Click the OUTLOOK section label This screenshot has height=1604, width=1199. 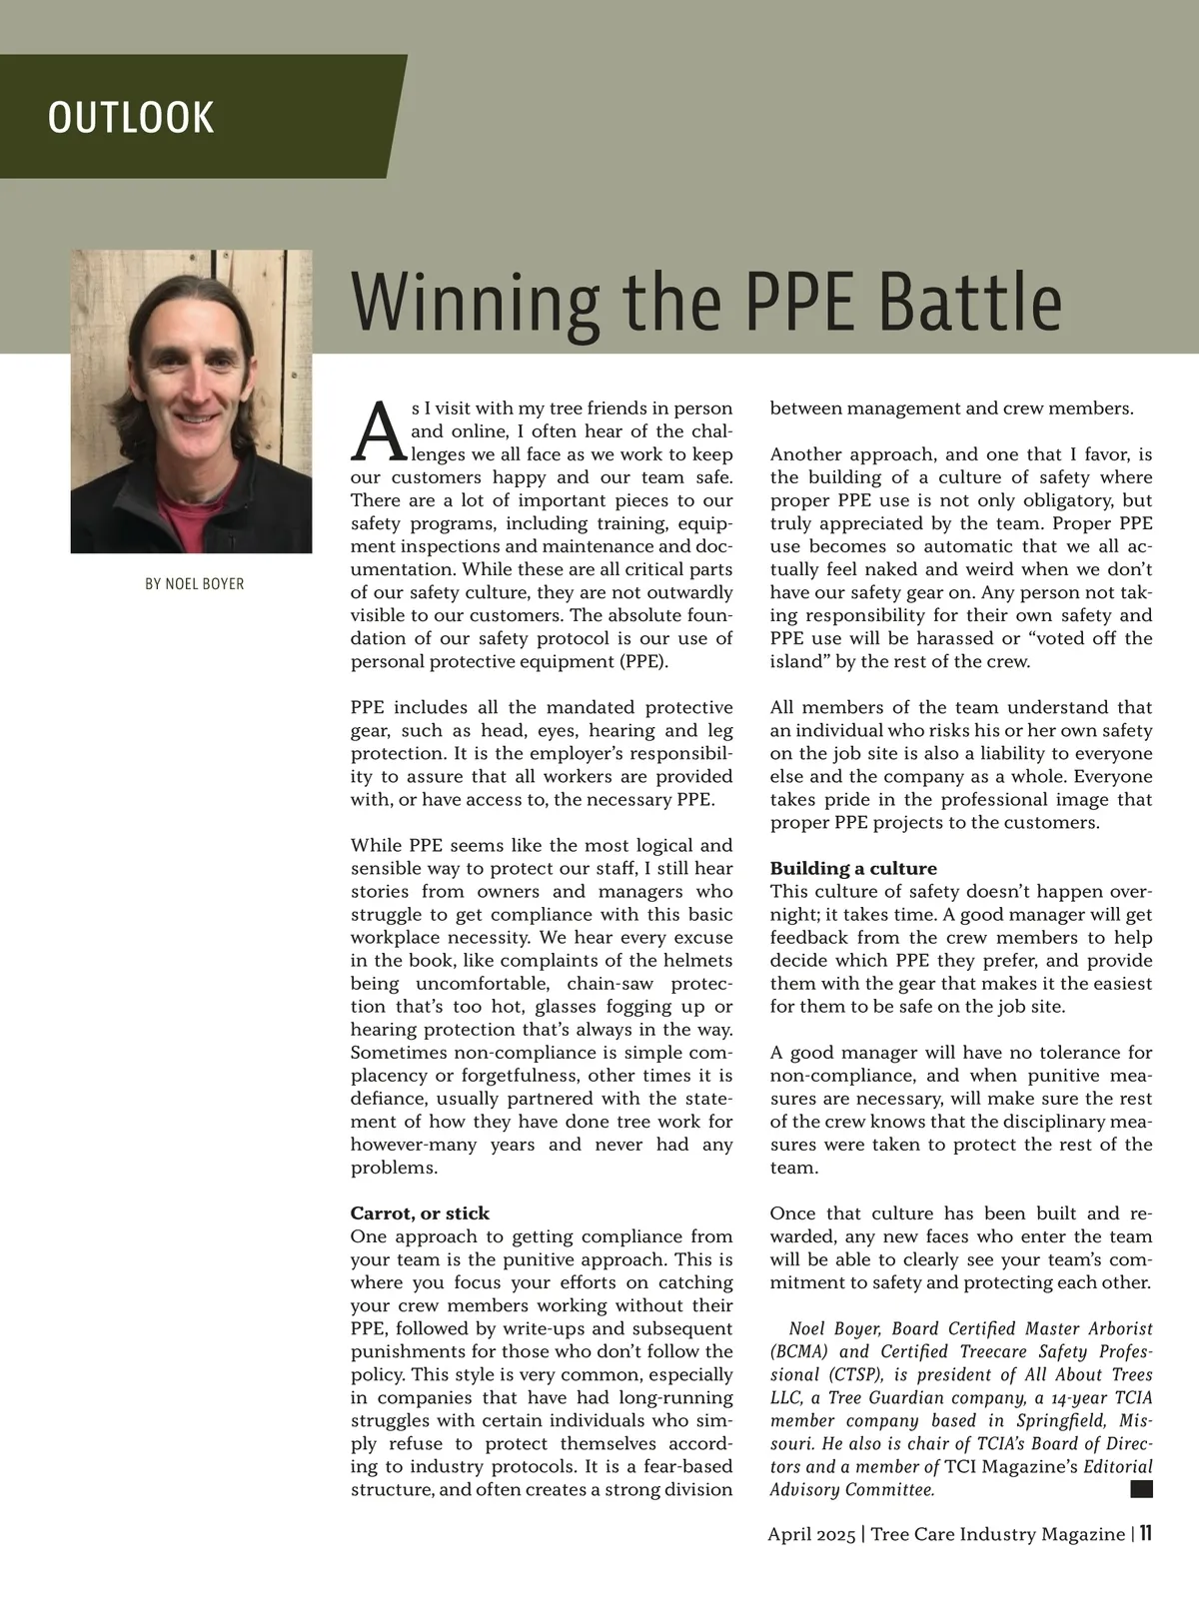131,118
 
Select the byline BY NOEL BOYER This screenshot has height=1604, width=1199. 194,584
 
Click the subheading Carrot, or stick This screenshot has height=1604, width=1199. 420,1213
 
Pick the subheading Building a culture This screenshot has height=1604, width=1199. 852,868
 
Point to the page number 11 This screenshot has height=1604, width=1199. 1145,1533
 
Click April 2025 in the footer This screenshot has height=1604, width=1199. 812,1534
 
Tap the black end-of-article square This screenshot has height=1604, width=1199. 1141,1489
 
